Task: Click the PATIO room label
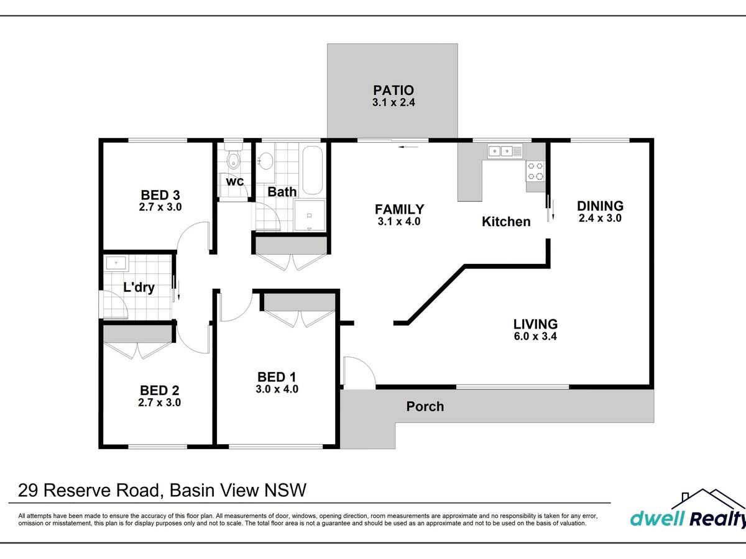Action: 394,90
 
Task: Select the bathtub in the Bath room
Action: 312,170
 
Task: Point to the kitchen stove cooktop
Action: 535,171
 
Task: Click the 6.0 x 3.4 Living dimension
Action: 535,337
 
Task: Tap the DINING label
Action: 600,206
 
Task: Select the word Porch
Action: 425,406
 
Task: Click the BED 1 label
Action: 277,377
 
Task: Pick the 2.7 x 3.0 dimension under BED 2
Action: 159,402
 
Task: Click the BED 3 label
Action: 160,195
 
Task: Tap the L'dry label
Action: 139,288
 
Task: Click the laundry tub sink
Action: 116,263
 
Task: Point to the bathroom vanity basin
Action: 266,161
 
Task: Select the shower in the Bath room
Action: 309,215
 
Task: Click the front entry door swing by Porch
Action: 359,372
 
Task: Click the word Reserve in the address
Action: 101,491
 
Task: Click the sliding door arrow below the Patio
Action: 408,147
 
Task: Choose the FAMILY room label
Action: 399,209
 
